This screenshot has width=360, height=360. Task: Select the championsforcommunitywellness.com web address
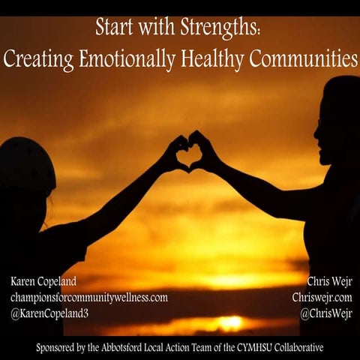pos(88,297)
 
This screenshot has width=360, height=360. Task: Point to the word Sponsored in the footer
pos(59,347)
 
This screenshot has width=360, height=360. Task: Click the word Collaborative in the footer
pos(313,347)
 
